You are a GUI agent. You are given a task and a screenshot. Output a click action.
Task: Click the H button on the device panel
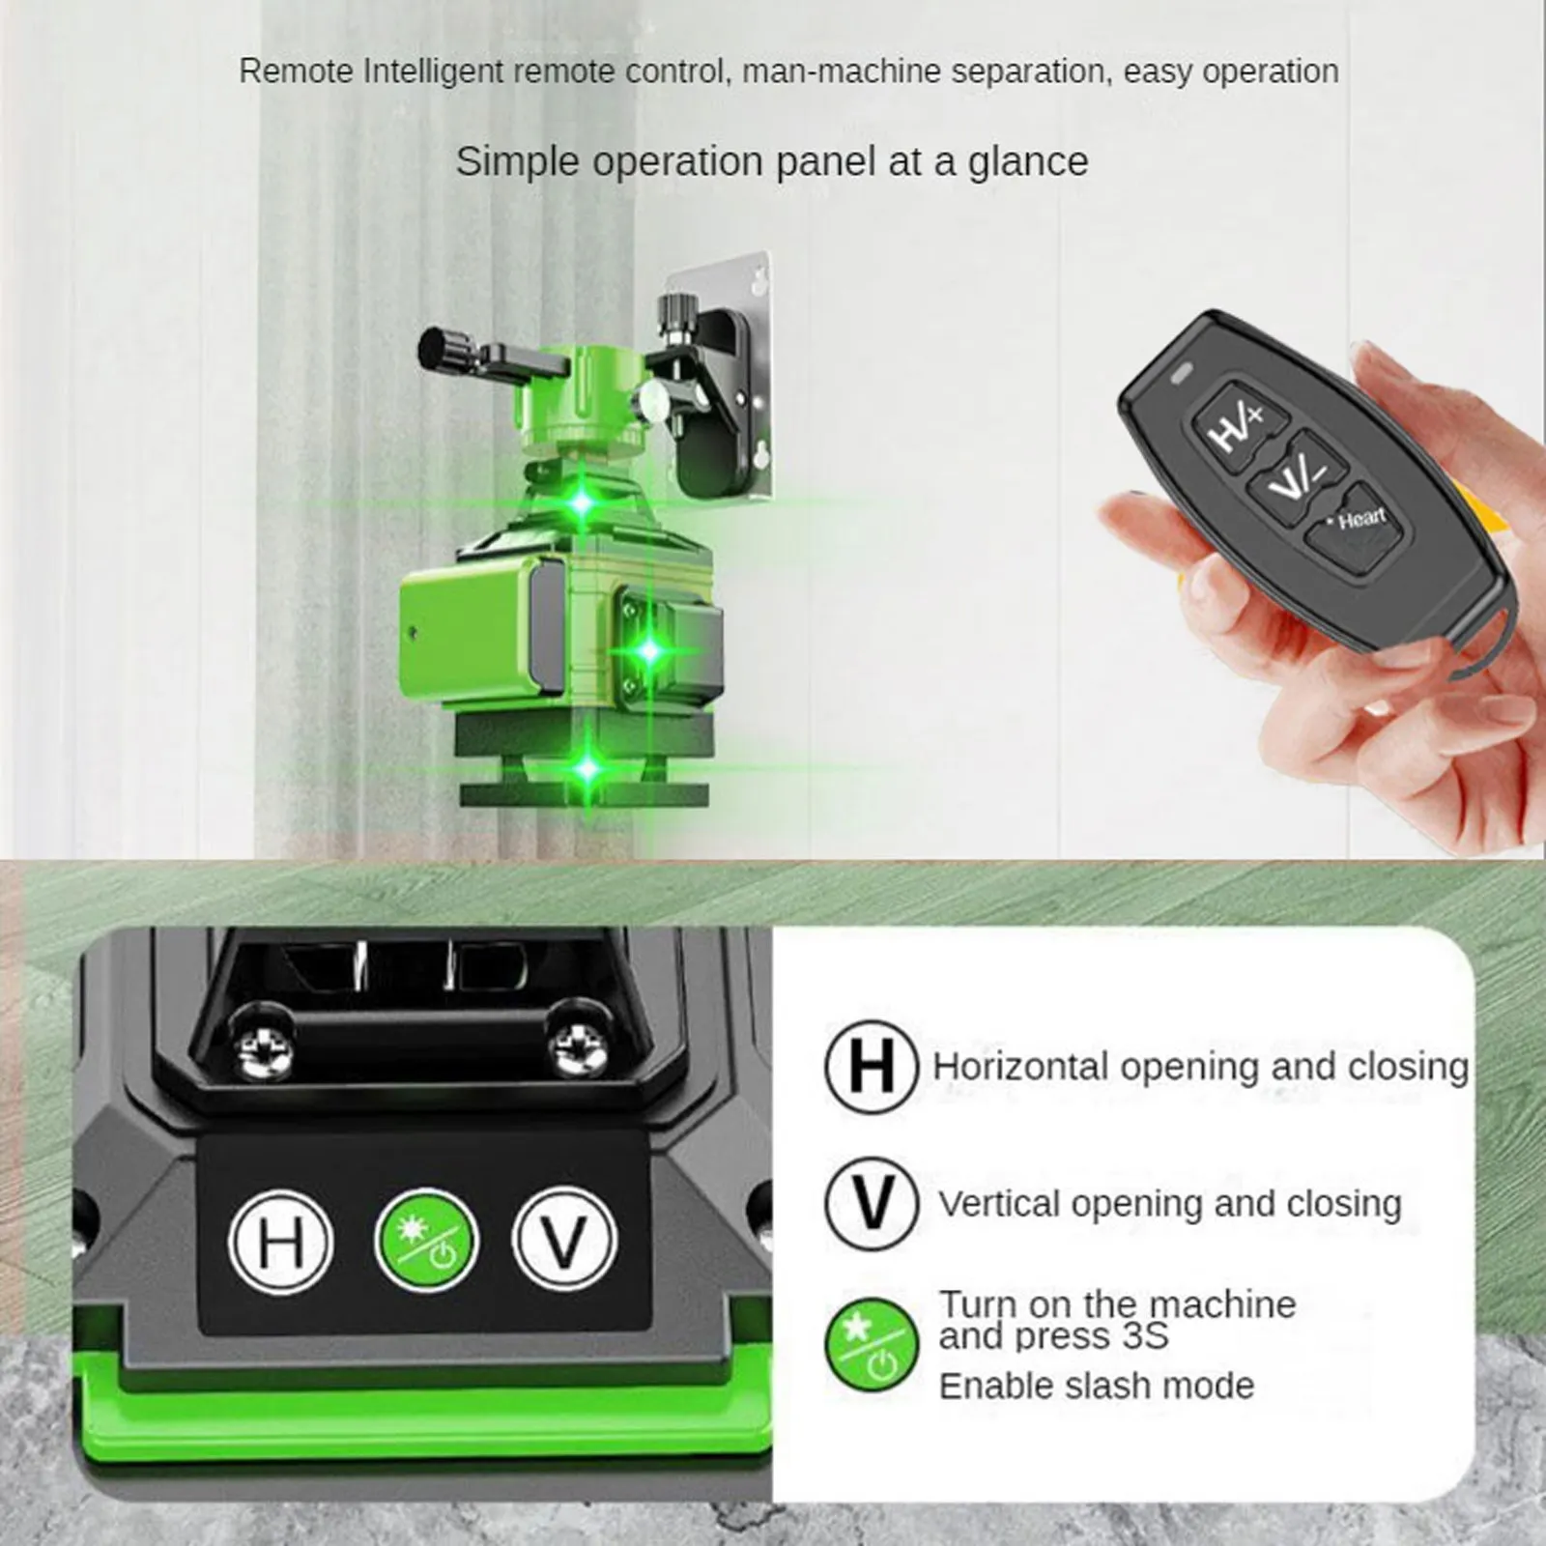pyautogui.click(x=281, y=1241)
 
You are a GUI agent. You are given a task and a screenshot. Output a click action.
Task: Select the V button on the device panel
pyautogui.click(x=564, y=1241)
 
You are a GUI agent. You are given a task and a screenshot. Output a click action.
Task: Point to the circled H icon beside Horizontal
pyautogui.click(x=871, y=1068)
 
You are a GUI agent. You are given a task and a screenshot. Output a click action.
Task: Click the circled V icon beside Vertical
pyautogui.click(x=871, y=1204)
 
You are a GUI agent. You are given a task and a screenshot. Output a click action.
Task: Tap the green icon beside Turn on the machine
pyautogui.click(x=871, y=1345)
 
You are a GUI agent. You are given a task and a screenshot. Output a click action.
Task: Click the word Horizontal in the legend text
pyautogui.click(x=1020, y=1067)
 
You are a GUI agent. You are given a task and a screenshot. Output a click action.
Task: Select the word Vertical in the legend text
pyautogui.click(x=999, y=1204)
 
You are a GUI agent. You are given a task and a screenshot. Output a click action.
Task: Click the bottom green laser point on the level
pyautogui.click(x=587, y=769)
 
